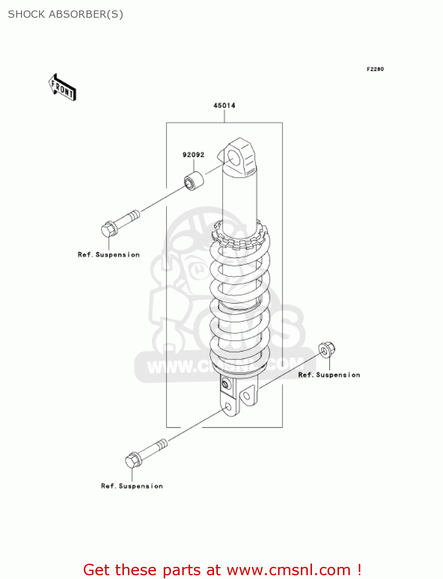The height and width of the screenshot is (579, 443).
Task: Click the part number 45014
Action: pos(224,105)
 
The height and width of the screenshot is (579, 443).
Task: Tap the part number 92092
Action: pos(193,155)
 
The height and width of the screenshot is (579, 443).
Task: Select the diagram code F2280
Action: pos(375,69)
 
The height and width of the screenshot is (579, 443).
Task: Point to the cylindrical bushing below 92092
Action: pos(193,181)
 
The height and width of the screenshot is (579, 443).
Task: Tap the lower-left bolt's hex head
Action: pos(133,460)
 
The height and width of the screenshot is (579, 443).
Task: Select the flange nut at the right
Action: pos(327,349)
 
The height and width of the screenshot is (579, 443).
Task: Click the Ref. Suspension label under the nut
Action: pos(329,375)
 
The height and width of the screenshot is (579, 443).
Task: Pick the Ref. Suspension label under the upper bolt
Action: pos(109,255)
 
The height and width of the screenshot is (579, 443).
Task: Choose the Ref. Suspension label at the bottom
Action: pos(132,486)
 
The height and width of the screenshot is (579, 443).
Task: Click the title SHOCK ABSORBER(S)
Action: pos(66,14)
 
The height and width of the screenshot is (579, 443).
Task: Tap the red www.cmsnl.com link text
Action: pos(289,570)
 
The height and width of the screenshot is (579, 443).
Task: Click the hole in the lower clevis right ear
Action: pos(246,396)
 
